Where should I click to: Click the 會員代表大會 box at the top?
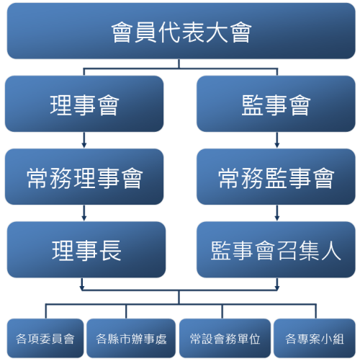(x=181, y=31)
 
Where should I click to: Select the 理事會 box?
(x=84, y=104)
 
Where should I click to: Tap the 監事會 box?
(x=276, y=104)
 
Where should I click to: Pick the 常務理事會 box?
(x=84, y=177)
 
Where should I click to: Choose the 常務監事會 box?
(x=276, y=177)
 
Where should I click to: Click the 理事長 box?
(x=86, y=249)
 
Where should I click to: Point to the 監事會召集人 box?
(x=276, y=249)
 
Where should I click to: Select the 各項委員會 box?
(x=45, y=338)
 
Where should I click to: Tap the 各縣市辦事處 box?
(x=131, y=338)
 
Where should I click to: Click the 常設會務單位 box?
(x=225, y=338)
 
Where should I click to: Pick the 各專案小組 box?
(x=315, y=338)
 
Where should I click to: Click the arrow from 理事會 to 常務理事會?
(x=84, y=140)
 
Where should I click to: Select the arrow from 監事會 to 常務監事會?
(x=277, y=140)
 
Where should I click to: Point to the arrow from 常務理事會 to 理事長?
(x=84, y=213)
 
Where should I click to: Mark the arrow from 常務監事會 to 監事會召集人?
(x=277, y=213)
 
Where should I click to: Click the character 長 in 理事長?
(x=110, y=251)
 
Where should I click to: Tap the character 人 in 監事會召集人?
(x=331, y=250)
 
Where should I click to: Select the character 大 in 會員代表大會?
(x=217, y=32)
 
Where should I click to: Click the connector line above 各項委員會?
(x=46, y=311)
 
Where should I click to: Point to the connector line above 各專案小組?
(x=316, y=311)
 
